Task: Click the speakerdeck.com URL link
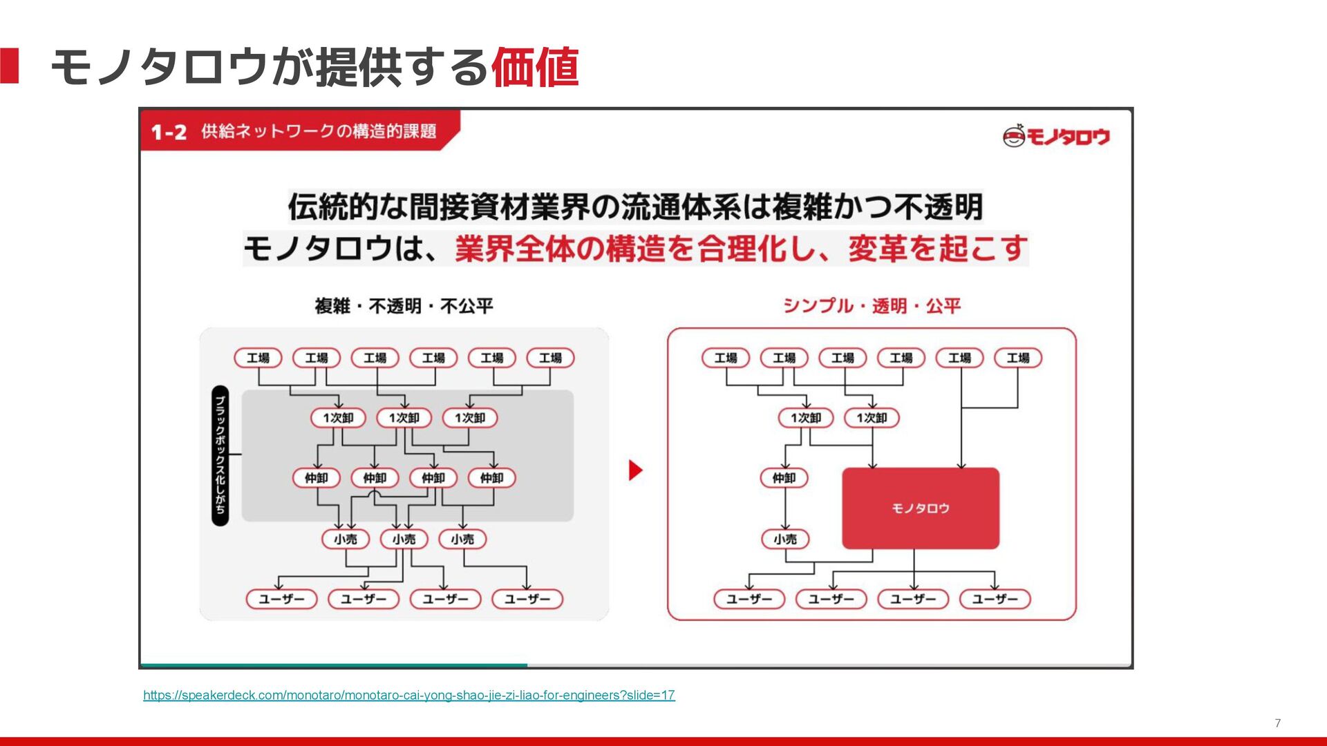pyautogui.click(x=408, y=695)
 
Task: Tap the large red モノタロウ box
pyautogui.click(x=920, y=508)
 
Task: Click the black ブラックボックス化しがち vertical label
pyautogui.click(x=220, y=455)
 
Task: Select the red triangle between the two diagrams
pyautogui.click(x=634, y=470)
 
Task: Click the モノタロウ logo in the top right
pyautogui.click(x=1056, y=136)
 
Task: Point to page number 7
pyautogui.click(x=1277, y=723)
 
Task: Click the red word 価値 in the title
pyautogui.click(x=534, y=68)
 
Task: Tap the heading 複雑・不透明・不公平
pyautogui.click(x=404, y=306)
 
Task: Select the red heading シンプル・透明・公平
pyautogui.click(x=871, y=306)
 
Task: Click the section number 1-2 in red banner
pyautogui.click(x=169, y=132)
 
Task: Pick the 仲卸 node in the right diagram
pyautogui.click(x=784, y=478)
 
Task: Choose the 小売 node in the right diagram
pyautogui.click(x=785, y=539)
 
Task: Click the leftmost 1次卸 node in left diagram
pyautogui.click(x=338, y=418)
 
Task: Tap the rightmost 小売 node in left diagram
pyautogui.click(x=462, y=539)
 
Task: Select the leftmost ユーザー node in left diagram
pyautogui.click(x=281, y=599)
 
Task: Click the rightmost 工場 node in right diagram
pyautogui.click(x=1017, y=358)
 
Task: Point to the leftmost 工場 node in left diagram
pyautogui.click(x=258, y=358)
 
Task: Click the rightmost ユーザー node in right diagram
pyautogui.click(x=995, y=599)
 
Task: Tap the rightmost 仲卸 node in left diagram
pyautogui.click(x=491, y=478)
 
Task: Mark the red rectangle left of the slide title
pyautogui.click(x=9, y=66)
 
